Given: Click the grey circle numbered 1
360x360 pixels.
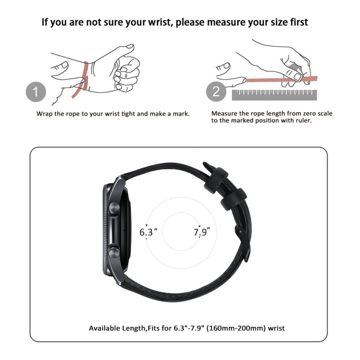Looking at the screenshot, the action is point(36,92).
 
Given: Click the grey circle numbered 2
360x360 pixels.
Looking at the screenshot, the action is point(216,91).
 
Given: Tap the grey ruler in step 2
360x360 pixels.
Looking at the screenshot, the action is point(275,95).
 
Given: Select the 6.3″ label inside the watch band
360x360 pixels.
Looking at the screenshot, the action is point(148,232).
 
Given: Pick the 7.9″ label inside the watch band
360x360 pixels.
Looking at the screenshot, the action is point(202,232).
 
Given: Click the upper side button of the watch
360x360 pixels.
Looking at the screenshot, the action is point(114,208).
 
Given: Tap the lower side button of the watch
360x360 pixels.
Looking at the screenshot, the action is point(114,252).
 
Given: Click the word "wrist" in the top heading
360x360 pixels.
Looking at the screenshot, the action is point(159,22).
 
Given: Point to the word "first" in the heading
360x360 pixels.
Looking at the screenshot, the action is point(298,22).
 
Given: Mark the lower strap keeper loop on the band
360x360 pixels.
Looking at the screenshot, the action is point(234,199).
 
